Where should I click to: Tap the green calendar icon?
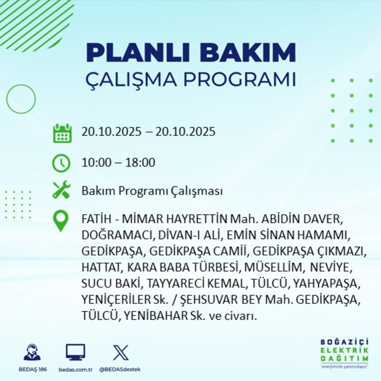62,133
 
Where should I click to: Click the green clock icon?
61,163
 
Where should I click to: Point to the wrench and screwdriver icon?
61,190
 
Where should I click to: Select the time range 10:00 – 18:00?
118,163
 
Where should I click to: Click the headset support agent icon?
32,353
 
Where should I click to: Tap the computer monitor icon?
75,353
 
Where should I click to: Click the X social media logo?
120,353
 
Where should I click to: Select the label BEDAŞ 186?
32,369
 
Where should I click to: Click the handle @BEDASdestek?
120,369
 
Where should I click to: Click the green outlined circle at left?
21,99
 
